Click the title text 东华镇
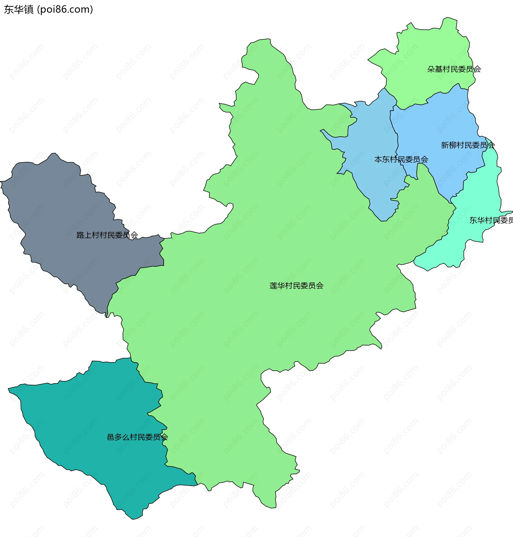pyautogui.click(x=19, y=10)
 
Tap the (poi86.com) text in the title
pyautogui.click(x=65, y=10)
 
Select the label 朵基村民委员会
pyautogui.click(x=454, y=69)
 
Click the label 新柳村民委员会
pyautogui.click(x=468, y=145)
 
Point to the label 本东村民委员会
pyautogui.click(x=401, y=159)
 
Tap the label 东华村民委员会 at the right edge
pyautogui.click(x=491, y=220)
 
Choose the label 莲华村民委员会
pyautogui.click(x=296, y=286)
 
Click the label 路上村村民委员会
pyautogui.click(x=107, y=235)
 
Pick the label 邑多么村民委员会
pyautogui.click(x=137, y=437)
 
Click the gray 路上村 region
pyautogui.click(x=68, y=208)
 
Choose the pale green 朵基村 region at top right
pyautogui.click(x=427, y=49)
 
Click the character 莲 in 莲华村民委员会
pyautogui.click(x=273, y=286)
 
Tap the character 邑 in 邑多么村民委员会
pyautogui.click(x=110, y=437)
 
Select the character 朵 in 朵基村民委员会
pyautogui.click(x=431, y=69)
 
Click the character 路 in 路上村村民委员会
pyautogui.click(x=80, y=235)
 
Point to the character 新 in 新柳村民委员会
pyautogui.click(x=445, y=145)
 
